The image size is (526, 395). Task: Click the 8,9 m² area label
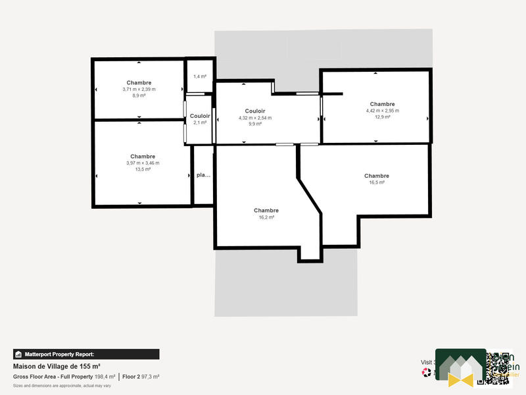(x=139, y=95)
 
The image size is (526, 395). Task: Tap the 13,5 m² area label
(x=143, y=169)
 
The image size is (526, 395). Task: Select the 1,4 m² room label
(x=200, y=77)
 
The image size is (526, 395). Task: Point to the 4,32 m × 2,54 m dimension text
(x=254, y=118)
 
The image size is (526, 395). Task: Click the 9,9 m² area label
(x=254, y=124)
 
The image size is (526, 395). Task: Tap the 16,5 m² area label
(x=377, y=182)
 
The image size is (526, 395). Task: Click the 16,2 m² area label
(x=266, y=217)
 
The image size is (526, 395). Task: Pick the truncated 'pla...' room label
(x=203, y=175)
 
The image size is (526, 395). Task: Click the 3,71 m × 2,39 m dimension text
(x=139, y=90)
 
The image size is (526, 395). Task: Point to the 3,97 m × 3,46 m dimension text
(x=143, y=163)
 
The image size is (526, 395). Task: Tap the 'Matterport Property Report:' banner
(x=85, y=354)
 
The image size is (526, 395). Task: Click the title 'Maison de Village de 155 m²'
(x=57, y=366)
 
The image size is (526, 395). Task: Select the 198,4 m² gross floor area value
(x=105, y=377)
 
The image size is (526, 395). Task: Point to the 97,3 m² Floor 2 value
(x=150, y=377)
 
